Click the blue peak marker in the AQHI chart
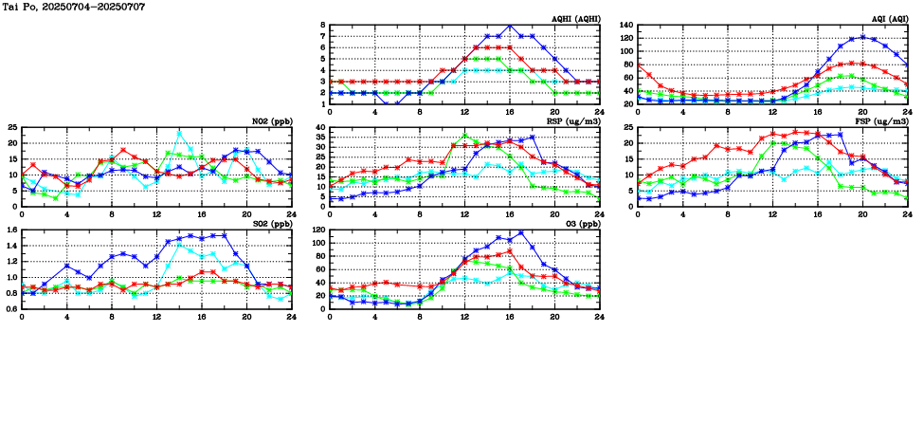coord(510,26)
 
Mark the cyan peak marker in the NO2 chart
coord(179,133)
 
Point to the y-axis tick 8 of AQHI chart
coord(323,26)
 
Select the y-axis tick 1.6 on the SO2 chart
coord(10,230)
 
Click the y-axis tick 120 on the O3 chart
coord(318,230)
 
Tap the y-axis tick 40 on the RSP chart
coord(320,127)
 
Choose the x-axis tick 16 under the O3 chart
coord(510,316)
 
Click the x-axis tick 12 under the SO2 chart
coord(156,316)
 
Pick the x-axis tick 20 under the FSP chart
coord(862,213)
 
